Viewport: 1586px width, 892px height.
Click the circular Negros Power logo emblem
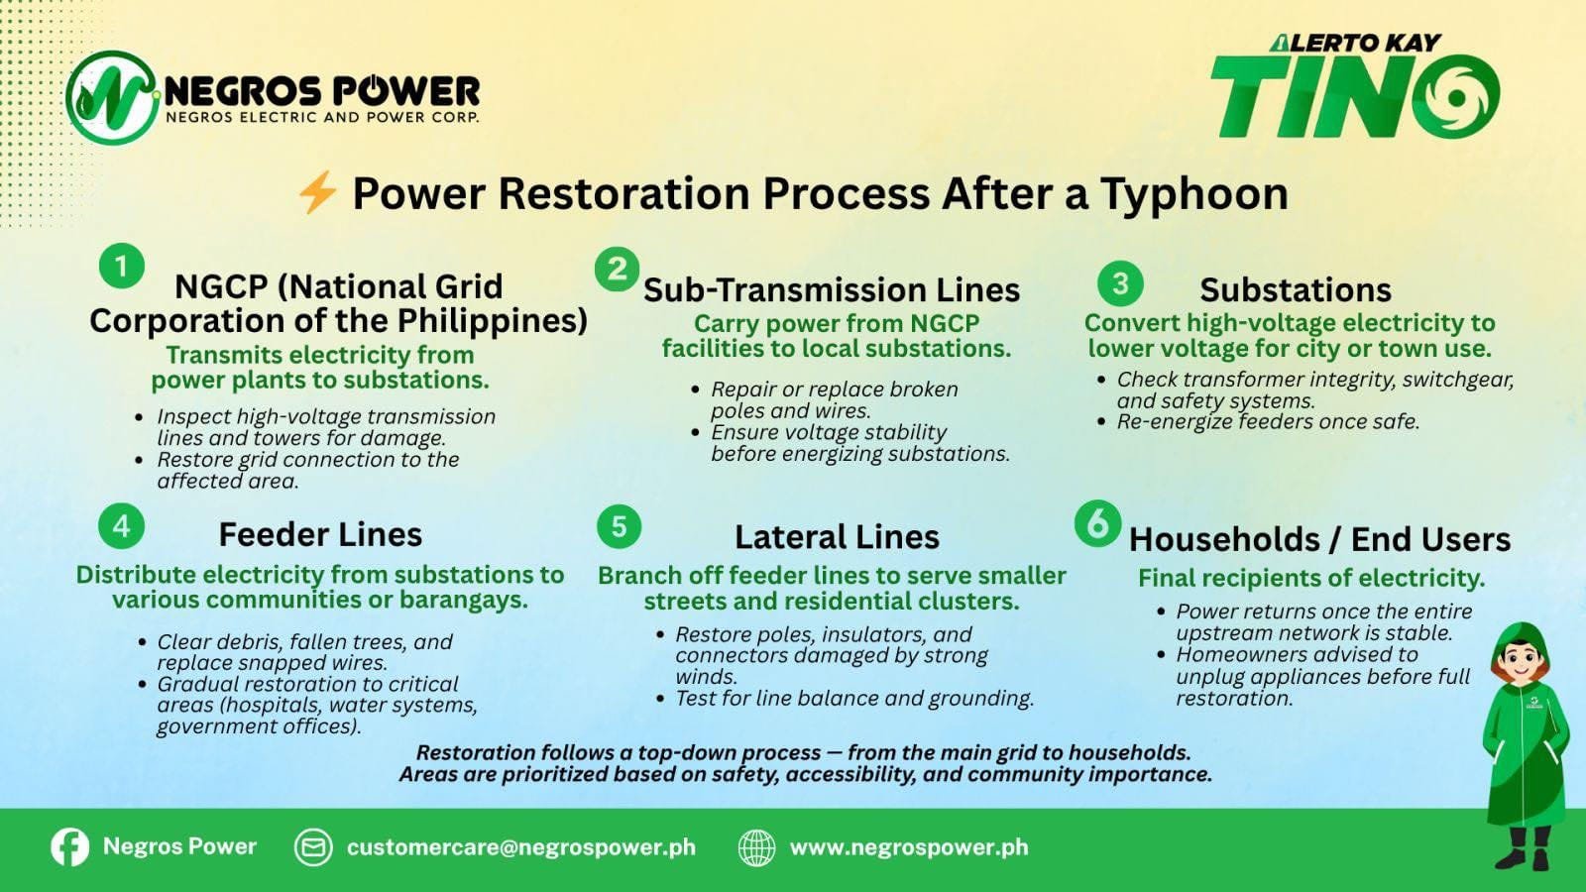(113, 98)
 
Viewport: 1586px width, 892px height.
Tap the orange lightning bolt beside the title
(317, 192)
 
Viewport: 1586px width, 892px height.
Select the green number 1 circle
(122, 267)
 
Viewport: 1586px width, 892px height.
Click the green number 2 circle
(618, 269)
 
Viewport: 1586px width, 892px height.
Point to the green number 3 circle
(1120, 283)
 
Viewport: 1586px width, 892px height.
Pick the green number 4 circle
(122, 526)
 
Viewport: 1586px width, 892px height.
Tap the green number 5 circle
(619, 526)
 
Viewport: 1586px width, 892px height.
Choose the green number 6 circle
(1097, 524)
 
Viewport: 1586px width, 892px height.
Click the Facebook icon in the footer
(70, 846)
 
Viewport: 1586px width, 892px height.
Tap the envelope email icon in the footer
(313, 847)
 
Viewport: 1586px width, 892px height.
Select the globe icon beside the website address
(757, 847)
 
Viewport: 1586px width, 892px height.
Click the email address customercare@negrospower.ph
(521, 847)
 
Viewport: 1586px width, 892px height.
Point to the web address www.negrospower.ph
(909, 847)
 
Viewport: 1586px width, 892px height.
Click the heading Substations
(1295, 289)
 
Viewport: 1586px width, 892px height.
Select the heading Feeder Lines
(320, 534)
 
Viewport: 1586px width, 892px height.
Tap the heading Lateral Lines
(837, 536)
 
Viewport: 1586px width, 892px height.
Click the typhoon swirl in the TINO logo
(1456, 96)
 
